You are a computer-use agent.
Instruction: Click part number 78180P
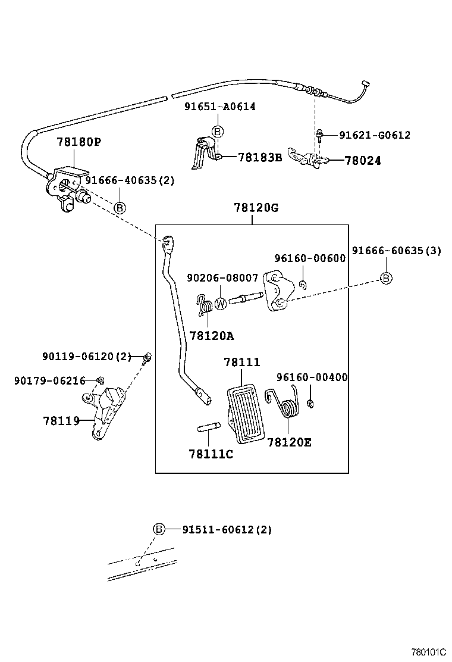click(x=79, y=142)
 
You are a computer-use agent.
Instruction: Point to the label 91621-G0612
click(x=375, y=135)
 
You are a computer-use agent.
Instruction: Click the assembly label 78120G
click(x=256, y=208)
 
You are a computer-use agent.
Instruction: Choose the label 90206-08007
click(x=222, y=277)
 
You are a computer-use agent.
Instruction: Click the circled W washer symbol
click(x=221, y=304)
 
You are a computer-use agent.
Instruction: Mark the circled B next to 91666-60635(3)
click(x=385, y=277)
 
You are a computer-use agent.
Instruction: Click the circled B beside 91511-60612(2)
click(x=159, y=529)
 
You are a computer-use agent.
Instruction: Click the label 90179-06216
click(x=50, y=380)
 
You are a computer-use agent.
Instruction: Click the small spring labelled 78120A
click(x=206, y=306)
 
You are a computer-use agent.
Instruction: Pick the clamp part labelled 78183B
click(x=202, y=154)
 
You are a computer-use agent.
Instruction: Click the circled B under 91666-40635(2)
click(x=120, y=208)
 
